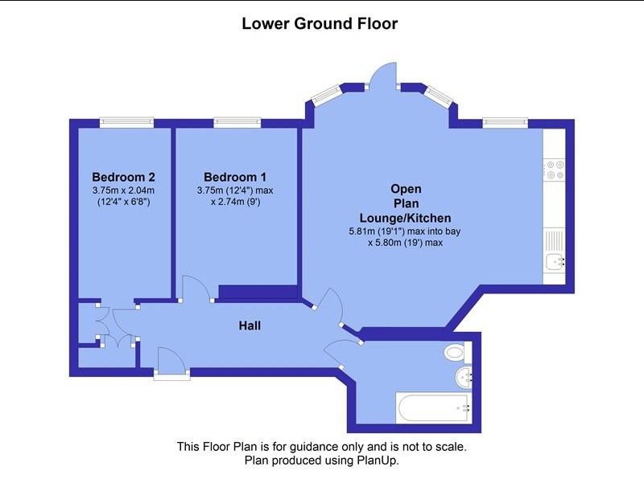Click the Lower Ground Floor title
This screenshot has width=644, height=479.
(320, 23)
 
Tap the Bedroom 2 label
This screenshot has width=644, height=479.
(124, 177)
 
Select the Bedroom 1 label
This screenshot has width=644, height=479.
(235, 177)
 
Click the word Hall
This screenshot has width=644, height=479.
(250, 325)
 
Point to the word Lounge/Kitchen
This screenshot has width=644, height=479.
(406, 218)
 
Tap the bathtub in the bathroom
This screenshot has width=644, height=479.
(434, 407)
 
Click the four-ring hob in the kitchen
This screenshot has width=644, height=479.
(555, 170)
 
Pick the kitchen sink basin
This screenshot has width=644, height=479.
(555, 261)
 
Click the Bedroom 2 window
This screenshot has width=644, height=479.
(127, 123)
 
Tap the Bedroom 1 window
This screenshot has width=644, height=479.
(237, 123)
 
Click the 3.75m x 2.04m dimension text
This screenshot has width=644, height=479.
(124, 190)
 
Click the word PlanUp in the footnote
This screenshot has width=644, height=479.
(377, 461)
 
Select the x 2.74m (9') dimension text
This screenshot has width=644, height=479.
(235, 202)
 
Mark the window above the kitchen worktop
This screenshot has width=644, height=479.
(506, 123)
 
